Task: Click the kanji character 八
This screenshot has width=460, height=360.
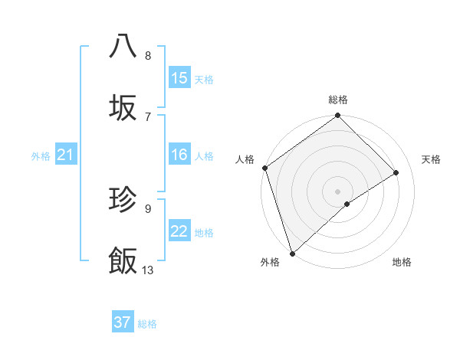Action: click(x=123, y=46)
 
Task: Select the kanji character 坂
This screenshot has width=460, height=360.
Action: click(x=123, y=107)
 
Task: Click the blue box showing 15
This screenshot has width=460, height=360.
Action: click(x=179, y=78)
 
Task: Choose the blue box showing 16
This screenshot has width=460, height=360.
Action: click(x=179, y=155)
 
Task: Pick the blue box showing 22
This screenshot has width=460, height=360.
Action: click(x=179, y=231)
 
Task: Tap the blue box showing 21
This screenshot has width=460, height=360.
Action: click(x=65, y=155)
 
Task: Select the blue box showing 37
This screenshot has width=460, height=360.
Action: click(x=123, y=322)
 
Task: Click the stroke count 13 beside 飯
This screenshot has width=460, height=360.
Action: click(x=148, y=270)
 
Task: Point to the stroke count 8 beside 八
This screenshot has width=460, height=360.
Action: click(x=148, y=55)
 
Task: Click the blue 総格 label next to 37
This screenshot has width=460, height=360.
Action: click(x=147, y=324)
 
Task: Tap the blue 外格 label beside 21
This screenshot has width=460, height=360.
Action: click(x=41, y=156)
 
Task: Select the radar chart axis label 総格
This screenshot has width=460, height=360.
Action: click(x=338, y=100)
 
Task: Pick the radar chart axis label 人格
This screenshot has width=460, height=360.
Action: click(x=245, y=159)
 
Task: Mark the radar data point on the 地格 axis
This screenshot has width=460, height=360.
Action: click(x=347, y=204)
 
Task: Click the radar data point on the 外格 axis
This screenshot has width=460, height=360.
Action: click(x=291, y=253)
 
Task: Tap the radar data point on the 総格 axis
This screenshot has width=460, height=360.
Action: click(x=338, y=116)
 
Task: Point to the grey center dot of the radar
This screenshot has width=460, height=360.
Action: click(x=338, y=191)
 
